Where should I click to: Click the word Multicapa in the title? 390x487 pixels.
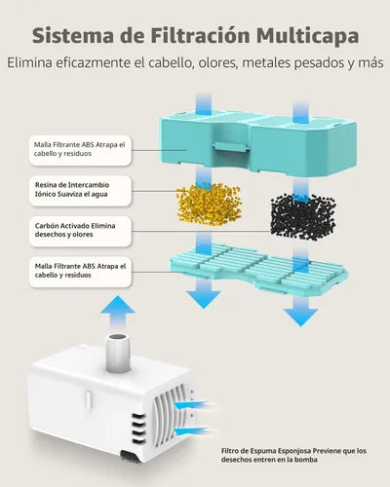point(307,36)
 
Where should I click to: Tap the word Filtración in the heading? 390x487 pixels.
point(200,35)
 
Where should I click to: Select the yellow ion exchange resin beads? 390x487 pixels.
point(209,205)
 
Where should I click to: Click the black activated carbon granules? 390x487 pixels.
point(303,216)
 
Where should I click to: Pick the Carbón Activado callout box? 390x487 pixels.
point(80,231)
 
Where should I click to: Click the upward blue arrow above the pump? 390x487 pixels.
point(118,314)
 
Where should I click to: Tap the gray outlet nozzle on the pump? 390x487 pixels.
point(118,353)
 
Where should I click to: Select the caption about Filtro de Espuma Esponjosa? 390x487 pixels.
point(293,455)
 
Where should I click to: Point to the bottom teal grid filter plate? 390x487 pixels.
point(258,267)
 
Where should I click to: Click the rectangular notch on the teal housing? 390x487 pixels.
point(231,148)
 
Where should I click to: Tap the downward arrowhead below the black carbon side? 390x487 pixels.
point(300,317)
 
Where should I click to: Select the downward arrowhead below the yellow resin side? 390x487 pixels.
point(204,299)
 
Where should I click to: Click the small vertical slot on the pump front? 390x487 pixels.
point(88,399)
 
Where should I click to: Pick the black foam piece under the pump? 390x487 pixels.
point(131,456)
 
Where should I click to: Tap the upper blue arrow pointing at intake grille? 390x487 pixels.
point(195,405)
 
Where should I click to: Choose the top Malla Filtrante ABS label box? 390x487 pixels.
point(80,150)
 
